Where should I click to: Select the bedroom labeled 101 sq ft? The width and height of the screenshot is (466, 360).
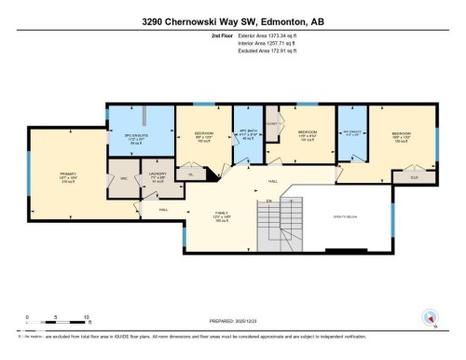pyautogui.click(x=308, y=136)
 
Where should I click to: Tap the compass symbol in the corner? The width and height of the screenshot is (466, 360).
pyautogui.click(x=430, y=316)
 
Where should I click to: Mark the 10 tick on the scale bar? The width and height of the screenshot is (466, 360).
pyautogui.click(x=87, y=318)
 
